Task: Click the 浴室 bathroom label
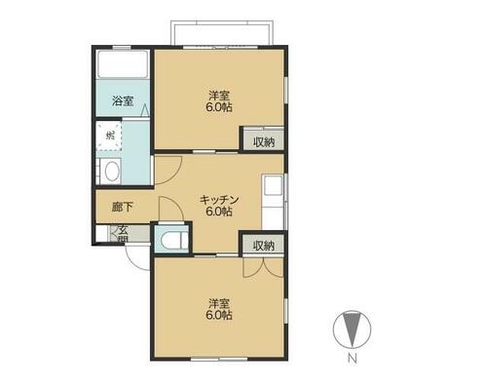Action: (123, 100)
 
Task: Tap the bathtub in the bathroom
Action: (123, 64)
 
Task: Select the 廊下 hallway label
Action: (123, 207)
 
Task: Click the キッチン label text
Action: (219, 200)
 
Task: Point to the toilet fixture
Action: (170, 241)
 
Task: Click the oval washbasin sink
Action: (112, 171)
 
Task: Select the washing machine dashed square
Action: (109, 136)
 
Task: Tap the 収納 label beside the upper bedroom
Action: (264, 142)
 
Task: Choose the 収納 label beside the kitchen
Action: (264, 246)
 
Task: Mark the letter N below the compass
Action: (353, 359)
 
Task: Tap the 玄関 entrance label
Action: (123, 234)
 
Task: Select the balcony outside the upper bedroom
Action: (222, 33)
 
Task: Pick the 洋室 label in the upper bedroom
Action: (219, 96)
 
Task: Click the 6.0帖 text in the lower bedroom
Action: (219, 315)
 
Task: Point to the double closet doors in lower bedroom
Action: (264, 267)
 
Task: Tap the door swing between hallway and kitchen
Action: (170, 208)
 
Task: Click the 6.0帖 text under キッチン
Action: (219, 212)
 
